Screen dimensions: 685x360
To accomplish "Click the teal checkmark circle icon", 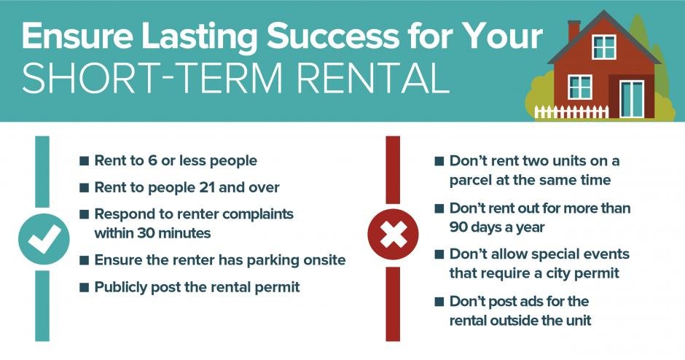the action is coord(44,239).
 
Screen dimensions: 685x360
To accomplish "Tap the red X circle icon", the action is coord(393,235).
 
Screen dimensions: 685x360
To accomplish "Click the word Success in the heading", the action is coord(332,36).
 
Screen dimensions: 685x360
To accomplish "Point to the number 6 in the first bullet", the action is coord(152,160).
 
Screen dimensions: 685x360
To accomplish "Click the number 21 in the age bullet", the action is coord(206,187).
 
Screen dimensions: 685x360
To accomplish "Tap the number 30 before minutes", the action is coord(144,233).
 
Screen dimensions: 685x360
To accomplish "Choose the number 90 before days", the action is coord(458,227).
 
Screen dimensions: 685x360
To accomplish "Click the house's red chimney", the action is coord(574,31).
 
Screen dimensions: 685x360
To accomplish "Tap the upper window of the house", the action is coord(603,47).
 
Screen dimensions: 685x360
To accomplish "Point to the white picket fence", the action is coord(571,111).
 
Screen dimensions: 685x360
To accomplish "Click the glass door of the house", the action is coord(632,98).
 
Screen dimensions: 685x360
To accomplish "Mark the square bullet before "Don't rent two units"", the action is coord(439,161).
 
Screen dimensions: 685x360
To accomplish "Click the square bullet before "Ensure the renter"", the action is coord(84,261).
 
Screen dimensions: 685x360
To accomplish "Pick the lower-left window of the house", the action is coord(580,87).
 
